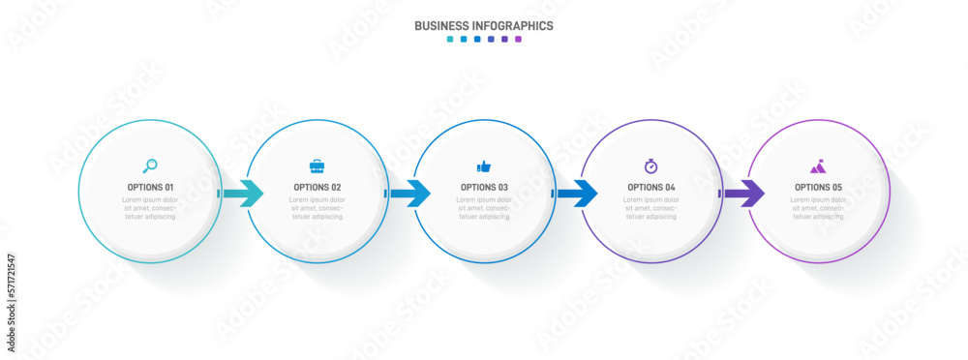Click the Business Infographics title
click(483, 26)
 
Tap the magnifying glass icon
click(150, 165)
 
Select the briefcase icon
click(317, 166)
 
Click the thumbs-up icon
click(484, 166)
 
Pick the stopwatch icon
click(650, 166)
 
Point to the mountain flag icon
click(818, 166)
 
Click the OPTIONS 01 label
click(150, 188)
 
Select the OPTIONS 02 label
click(317, 188)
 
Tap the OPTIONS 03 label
click(484, 188)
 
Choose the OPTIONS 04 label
click(650, 188)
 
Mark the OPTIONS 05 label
click(818, 188)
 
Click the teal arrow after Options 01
click(244, 194)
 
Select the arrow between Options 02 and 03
click(410, 194)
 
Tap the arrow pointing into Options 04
click(578, 194)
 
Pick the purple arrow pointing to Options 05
click(744, 194)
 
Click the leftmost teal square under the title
click(450, 40)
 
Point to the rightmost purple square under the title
click(518, 40)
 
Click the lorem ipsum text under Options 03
click(484, 208)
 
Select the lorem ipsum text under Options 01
click(150, 208)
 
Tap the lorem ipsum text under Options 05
click(818, 208)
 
